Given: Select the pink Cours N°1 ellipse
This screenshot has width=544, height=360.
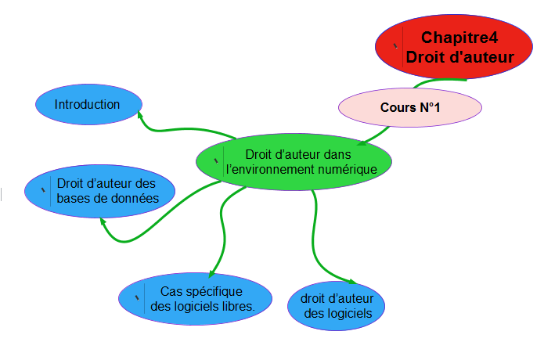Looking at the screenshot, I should point(410,107).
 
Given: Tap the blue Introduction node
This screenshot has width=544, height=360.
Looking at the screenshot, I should point(88,105).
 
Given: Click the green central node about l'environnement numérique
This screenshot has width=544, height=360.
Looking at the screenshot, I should point(294,160).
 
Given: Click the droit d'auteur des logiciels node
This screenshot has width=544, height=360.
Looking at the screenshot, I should point(337,306).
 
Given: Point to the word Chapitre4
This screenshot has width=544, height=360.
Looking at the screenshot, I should point(459,37).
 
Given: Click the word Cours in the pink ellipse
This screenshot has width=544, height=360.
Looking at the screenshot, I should point(395,107).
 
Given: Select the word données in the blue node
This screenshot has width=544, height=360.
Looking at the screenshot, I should point(135,198).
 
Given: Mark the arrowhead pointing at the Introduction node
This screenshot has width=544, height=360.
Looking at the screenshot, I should point(141,115).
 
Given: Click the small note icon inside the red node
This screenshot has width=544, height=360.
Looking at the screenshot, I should point(395,45).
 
